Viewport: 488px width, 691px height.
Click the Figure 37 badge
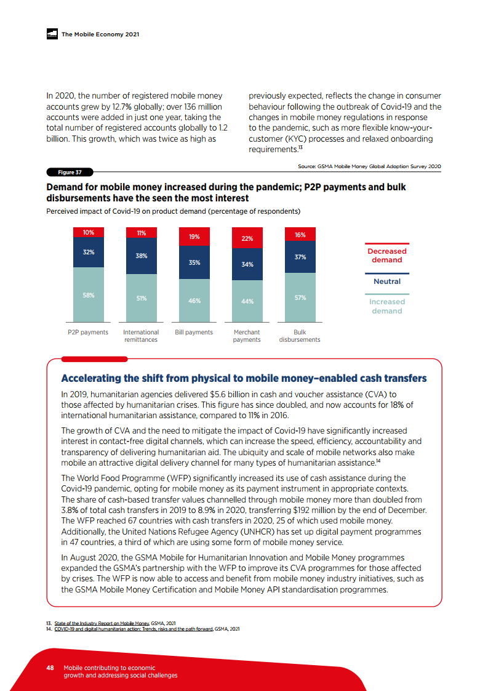click(66, 172)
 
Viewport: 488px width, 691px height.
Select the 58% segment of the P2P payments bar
click(88, 295)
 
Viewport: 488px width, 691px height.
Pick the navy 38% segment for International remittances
click(141, 256)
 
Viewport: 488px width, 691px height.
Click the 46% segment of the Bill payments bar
click(194, 301)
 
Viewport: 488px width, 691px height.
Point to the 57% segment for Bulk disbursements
click(300, 297)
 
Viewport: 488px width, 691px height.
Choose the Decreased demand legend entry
click(386, 256)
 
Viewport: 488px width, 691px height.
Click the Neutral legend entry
click(386, 281)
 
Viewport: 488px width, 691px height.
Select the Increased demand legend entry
click(386, 306)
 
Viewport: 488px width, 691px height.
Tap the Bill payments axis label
click(194, 333)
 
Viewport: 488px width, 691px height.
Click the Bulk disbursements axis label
click(300, 336)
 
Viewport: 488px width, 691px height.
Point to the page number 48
click(51, 668)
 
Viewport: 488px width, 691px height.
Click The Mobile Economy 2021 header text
click(100, 34)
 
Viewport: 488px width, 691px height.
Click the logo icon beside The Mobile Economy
click(52, 34)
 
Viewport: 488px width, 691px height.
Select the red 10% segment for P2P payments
click(88, 232)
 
